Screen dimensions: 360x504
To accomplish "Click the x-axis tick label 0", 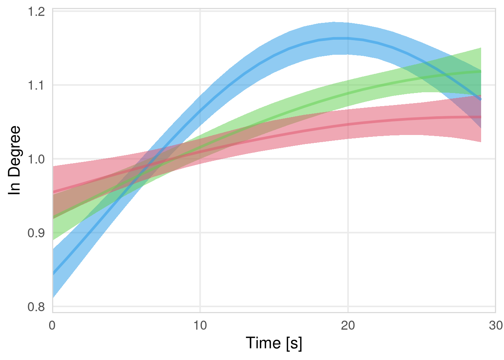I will [x=52, y=325].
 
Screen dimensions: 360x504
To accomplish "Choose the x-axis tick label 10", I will [x=200, y=325].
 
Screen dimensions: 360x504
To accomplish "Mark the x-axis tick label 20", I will [x=348, y=325].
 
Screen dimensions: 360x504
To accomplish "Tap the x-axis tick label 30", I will [x=496, y=325].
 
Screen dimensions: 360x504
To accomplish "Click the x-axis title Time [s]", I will [x=274, y=343].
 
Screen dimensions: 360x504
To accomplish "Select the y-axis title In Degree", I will [x=15, y=160].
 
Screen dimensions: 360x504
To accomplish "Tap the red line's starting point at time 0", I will [x=53, y=192].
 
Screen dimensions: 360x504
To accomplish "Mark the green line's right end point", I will [x=481, y=71].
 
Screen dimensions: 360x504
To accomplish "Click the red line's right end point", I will [x=481, y=117].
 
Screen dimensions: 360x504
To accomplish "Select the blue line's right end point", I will [x=481, y=100].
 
